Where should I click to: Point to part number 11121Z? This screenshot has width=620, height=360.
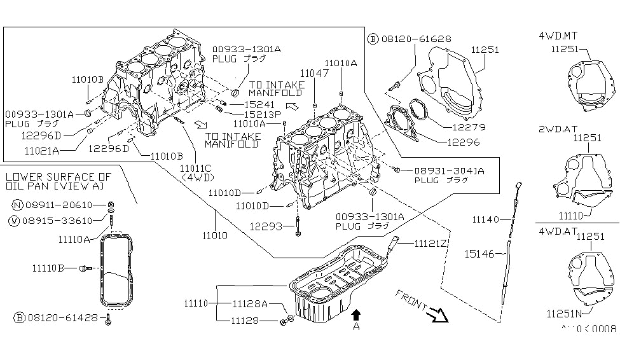tap(432, 243)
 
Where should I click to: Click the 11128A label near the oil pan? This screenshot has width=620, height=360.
tap(249, 304)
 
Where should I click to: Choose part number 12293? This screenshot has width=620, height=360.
tap(265, 225)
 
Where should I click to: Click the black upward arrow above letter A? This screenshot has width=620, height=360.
tap(356, 313)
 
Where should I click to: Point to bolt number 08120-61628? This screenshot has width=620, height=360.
tap(417, 39)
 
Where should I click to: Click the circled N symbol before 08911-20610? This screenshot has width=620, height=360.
tap(16, 205)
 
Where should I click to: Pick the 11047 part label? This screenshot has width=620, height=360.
tap(314, 74)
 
